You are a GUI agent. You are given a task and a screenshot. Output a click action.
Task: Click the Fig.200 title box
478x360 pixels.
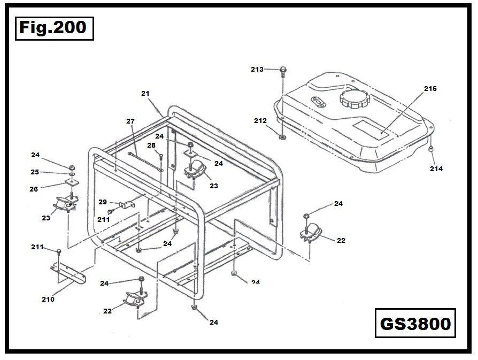[53, 28]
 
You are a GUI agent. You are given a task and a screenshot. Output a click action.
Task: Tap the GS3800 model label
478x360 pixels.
[415, 323]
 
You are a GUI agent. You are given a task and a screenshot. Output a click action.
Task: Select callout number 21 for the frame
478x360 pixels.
[145, 94]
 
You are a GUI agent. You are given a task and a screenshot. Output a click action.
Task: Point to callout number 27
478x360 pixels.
[130, 121]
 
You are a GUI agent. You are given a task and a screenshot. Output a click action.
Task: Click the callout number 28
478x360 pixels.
[151, 145]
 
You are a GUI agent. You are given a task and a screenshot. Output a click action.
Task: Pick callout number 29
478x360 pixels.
[103, 202]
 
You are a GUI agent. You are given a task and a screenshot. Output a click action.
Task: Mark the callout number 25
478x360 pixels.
[35, 172]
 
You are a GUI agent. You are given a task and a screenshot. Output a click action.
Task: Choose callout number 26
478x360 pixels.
[34, 188]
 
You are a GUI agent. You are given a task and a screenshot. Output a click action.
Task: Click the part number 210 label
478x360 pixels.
[48, 299]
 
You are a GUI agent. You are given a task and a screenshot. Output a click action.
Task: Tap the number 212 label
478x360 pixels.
[260, 121]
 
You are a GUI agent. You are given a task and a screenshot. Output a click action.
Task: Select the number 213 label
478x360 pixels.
[257, 69]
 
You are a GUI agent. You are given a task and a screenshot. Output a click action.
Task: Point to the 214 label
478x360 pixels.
[436, 168]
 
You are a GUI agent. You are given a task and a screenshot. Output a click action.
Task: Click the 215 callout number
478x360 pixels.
[430, 88]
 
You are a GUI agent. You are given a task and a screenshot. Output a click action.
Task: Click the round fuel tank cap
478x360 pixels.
[352, 99]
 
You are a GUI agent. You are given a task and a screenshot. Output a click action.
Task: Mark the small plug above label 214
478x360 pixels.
[431, 149]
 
